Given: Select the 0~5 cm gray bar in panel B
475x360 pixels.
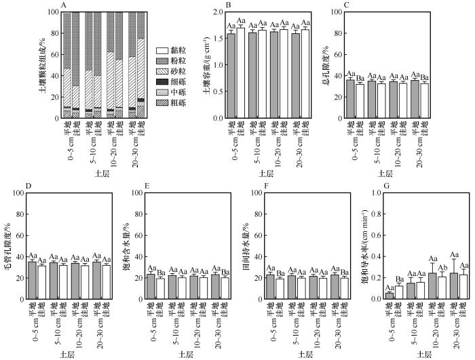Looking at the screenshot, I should click(231, 75).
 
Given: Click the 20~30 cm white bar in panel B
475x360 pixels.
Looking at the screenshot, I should click(305, 73).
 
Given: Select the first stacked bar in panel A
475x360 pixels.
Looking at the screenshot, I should click(67, 65).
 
